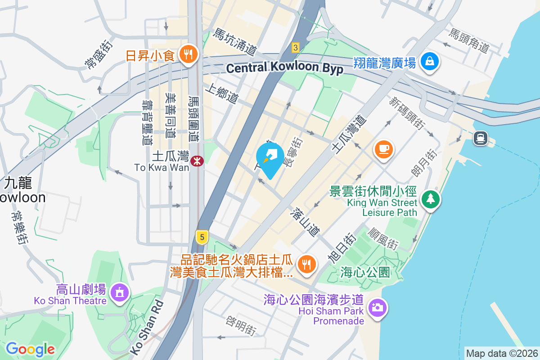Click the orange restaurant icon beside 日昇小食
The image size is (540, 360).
(x=186, y=55)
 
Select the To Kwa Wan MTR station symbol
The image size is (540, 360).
(x=197, y=161)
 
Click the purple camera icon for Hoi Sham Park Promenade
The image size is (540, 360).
(x=377, y=308)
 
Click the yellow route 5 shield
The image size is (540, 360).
(x=202, y=236)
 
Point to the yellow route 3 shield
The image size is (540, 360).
(x=295, y=47)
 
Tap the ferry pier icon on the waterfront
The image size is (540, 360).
(x=481, y=138)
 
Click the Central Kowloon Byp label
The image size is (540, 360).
(x=284, y=68)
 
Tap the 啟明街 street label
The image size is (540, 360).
(x=241, y=325)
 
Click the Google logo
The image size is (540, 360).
(x=30, y=349)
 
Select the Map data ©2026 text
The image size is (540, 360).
(x=502, y=353)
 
